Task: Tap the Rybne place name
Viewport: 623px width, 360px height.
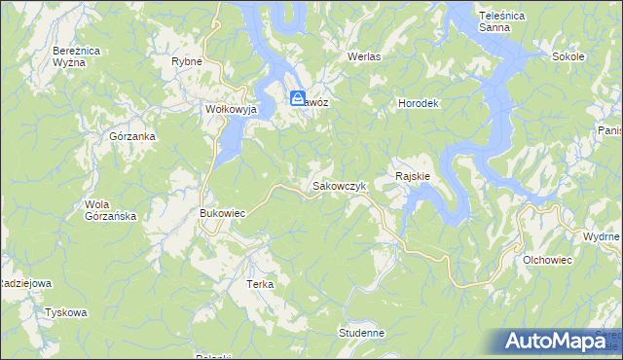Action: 186,61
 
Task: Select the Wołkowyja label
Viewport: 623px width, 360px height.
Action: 230,110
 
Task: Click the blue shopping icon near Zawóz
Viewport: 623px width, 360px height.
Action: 298,97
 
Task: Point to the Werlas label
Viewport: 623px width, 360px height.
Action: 364,57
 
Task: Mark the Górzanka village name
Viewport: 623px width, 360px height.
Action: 132,137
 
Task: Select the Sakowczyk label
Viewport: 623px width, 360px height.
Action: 338,185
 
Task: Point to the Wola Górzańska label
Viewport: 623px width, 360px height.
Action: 110,210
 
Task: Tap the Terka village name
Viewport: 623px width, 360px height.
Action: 260,285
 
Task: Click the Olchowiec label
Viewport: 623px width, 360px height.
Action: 547,261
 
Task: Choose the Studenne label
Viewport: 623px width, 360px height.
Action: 362,333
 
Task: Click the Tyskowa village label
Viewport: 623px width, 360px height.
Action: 66,313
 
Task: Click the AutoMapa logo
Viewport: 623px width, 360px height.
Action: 561,342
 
